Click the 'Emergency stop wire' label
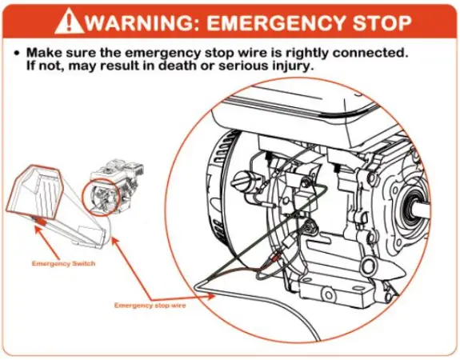149,306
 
